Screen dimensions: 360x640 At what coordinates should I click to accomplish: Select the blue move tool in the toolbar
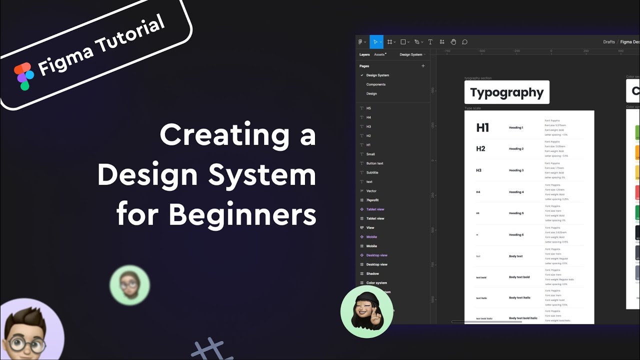point(376,42)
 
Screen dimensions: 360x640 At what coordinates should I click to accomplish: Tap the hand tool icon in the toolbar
point(453,42)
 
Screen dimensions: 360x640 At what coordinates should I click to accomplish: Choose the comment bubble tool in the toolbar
point(464,42)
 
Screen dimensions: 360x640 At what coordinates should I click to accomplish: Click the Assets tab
point(379,54)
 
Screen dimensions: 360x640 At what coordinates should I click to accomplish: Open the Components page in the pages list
point(375,84)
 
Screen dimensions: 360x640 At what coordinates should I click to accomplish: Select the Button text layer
point(374,163)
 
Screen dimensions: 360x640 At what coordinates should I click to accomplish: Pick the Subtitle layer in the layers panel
point(372,172)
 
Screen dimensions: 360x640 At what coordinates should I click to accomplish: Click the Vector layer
point(371,191)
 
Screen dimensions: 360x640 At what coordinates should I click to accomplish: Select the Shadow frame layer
point(372,273)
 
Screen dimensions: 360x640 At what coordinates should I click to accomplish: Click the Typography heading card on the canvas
point(506,92)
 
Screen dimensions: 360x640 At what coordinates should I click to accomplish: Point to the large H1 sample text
point(482,128)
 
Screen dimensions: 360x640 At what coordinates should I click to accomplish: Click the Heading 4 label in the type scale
point(516,192)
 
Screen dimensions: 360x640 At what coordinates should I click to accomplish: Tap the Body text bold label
point(519,277)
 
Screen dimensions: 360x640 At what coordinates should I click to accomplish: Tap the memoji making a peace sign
point(366,311)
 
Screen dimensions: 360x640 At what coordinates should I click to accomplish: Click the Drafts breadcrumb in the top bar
point(608,42)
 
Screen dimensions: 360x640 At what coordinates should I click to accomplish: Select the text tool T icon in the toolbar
point(430,42)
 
